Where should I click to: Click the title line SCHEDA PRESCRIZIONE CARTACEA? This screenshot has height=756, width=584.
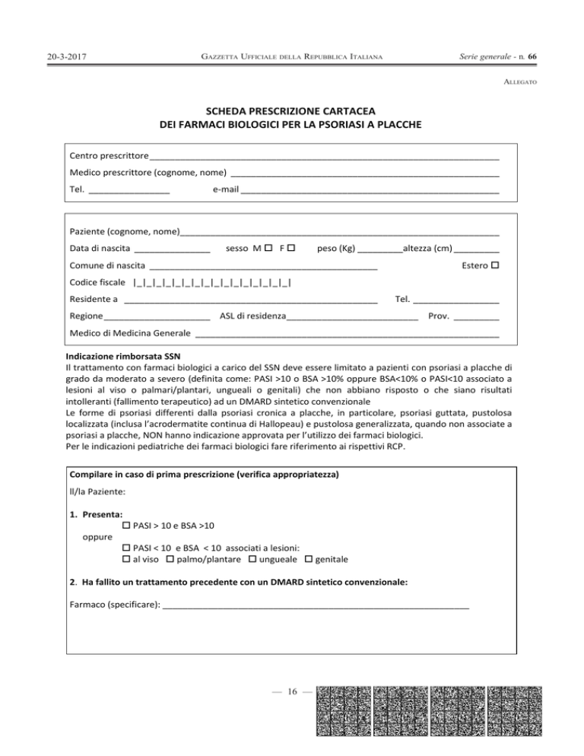pos(291,109)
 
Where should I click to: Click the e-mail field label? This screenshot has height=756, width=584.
pos(226,190)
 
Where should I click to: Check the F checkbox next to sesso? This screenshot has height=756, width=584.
pos(290,248)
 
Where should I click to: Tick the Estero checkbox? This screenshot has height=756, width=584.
pos(495,266)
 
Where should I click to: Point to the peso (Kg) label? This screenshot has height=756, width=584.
pos(336,248)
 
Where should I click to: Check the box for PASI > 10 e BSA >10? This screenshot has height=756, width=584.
pos(127,525)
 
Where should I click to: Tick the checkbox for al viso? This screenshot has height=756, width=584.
pos(127,559)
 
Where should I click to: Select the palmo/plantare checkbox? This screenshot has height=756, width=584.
pos(170,559)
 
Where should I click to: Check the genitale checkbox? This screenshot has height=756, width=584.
pos(309,559)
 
